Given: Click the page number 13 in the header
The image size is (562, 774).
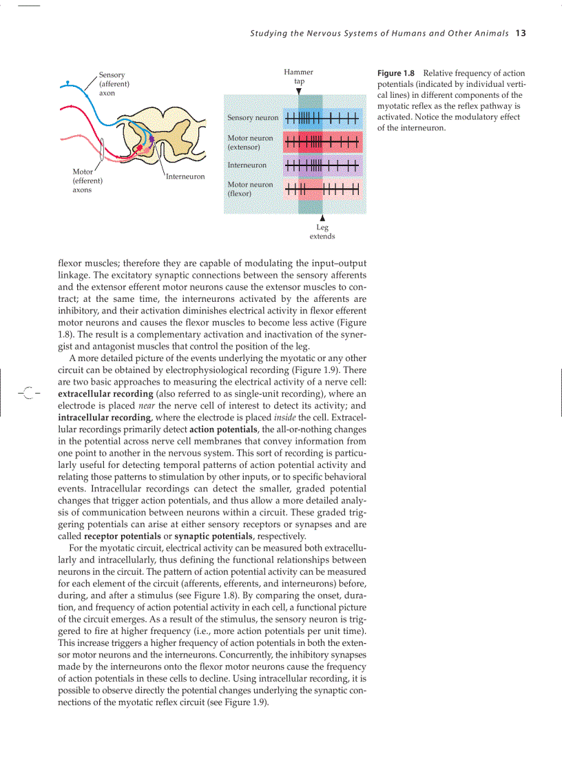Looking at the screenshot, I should click(520, 33).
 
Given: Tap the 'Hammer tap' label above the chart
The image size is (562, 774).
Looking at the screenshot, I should click(299, 77).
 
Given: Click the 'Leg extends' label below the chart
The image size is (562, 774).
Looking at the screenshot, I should click(322, 232).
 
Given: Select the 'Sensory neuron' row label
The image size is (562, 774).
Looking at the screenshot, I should click(253, 118).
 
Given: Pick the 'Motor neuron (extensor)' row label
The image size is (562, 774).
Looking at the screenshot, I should click(250, 143).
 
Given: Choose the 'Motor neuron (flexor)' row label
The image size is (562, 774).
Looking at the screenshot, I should click(250, 189).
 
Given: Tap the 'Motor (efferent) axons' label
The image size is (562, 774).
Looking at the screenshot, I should click(87, 181).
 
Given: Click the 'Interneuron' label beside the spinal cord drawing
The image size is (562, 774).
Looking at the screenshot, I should click(185, 177).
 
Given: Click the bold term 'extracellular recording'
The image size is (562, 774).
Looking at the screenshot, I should click(105, 394).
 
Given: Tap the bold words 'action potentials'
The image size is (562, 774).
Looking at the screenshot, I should click(223, 429).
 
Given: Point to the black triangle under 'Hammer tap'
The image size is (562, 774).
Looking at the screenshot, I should click(299, 90).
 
